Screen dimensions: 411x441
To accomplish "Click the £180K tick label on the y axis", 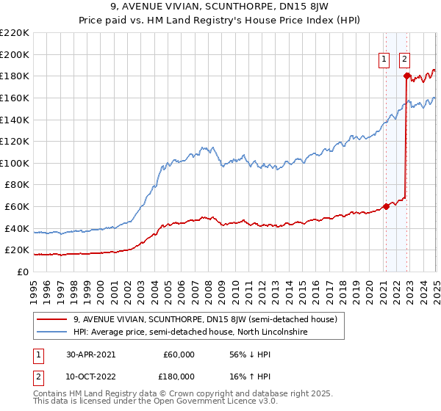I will pyautogui.click(x=15, y=76).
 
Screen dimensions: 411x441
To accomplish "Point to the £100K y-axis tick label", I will pyautogui.click(x=15, y=163).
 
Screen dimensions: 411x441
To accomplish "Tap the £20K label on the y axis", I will pyautogui.click(x=17, y=250).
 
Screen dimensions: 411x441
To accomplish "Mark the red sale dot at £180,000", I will pyautogui.click(x=406, y=75).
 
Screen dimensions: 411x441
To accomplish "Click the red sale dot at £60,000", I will pyautogui.click(x=387, y=206).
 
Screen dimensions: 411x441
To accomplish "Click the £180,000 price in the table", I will pyautogui.click(x=179, y=377).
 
